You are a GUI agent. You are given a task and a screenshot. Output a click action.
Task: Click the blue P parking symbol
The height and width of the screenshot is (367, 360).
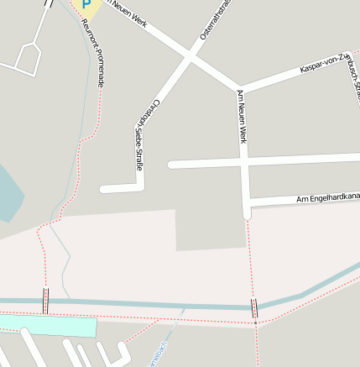[86, 6]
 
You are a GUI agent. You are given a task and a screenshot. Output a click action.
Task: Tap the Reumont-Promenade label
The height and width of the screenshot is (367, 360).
[93, 54]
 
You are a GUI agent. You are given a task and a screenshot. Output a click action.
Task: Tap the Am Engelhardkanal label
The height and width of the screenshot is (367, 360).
[328, 198]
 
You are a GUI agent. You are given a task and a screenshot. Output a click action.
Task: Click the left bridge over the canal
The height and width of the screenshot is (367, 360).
[46, 300]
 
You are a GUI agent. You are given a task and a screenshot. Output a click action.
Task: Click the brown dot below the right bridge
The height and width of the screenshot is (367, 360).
[255, 322]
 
